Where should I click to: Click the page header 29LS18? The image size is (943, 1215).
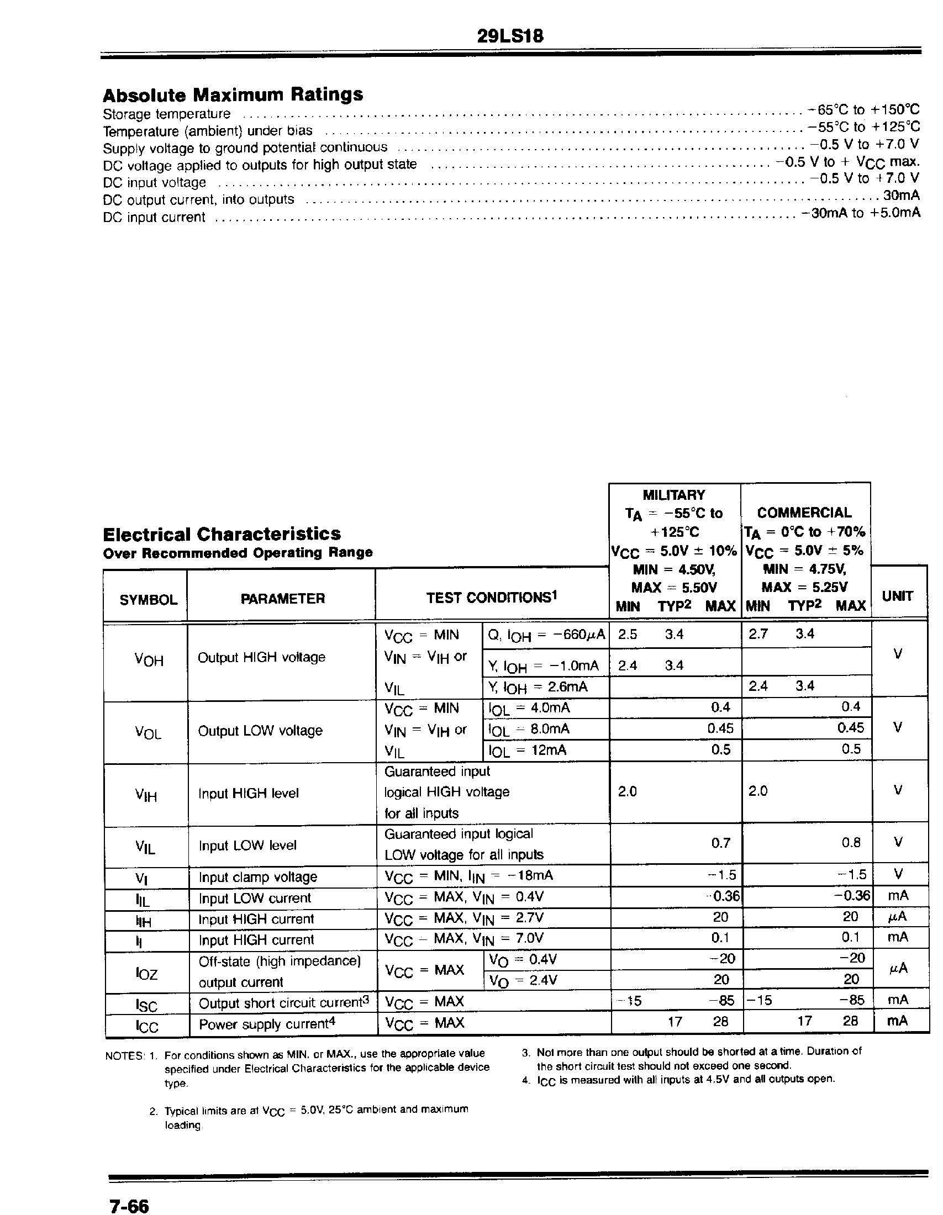pos(510,36)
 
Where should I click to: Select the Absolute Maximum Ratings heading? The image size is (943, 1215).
pos(233,95)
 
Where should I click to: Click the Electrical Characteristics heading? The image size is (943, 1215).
pos(222,534)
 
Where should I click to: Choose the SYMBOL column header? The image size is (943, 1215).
pos(148,600)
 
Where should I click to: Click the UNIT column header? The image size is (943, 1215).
pos(897,596)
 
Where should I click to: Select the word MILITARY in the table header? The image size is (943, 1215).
pos(673,495)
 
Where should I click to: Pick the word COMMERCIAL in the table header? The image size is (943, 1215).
pos(804,513)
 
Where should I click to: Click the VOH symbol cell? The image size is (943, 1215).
pos(149,660)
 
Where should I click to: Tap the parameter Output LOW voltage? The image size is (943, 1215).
pos(260,731)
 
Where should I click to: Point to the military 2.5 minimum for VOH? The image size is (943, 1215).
pos(627,635)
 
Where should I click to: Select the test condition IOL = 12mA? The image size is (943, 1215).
pos(527,751)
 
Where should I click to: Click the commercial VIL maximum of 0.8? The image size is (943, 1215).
pos(851,842)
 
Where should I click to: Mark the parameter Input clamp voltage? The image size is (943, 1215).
pos(257,878)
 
